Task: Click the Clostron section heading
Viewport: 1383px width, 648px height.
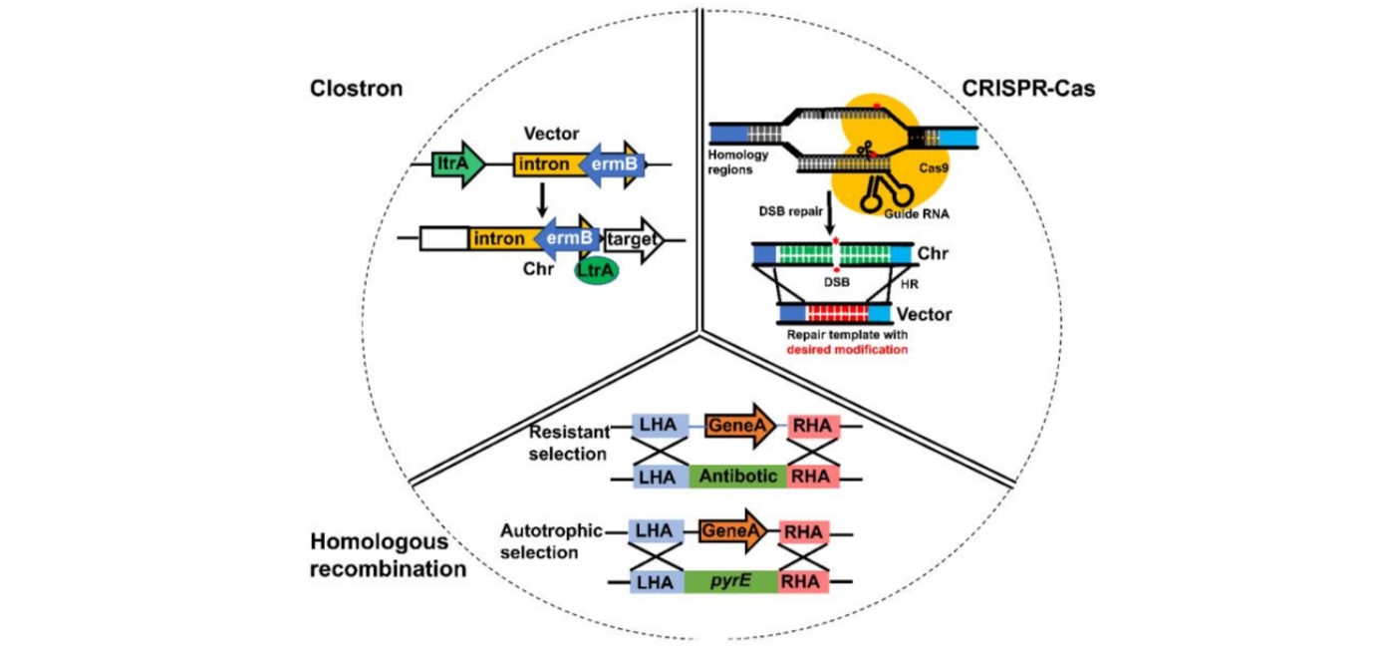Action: click(x=356, y=89)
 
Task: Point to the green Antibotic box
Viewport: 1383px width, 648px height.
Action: click(x=737, y=477)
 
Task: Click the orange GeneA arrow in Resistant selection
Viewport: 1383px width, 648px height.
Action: click(x=740, y=426)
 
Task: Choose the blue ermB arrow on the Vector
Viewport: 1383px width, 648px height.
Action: click(x=610, y=162)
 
